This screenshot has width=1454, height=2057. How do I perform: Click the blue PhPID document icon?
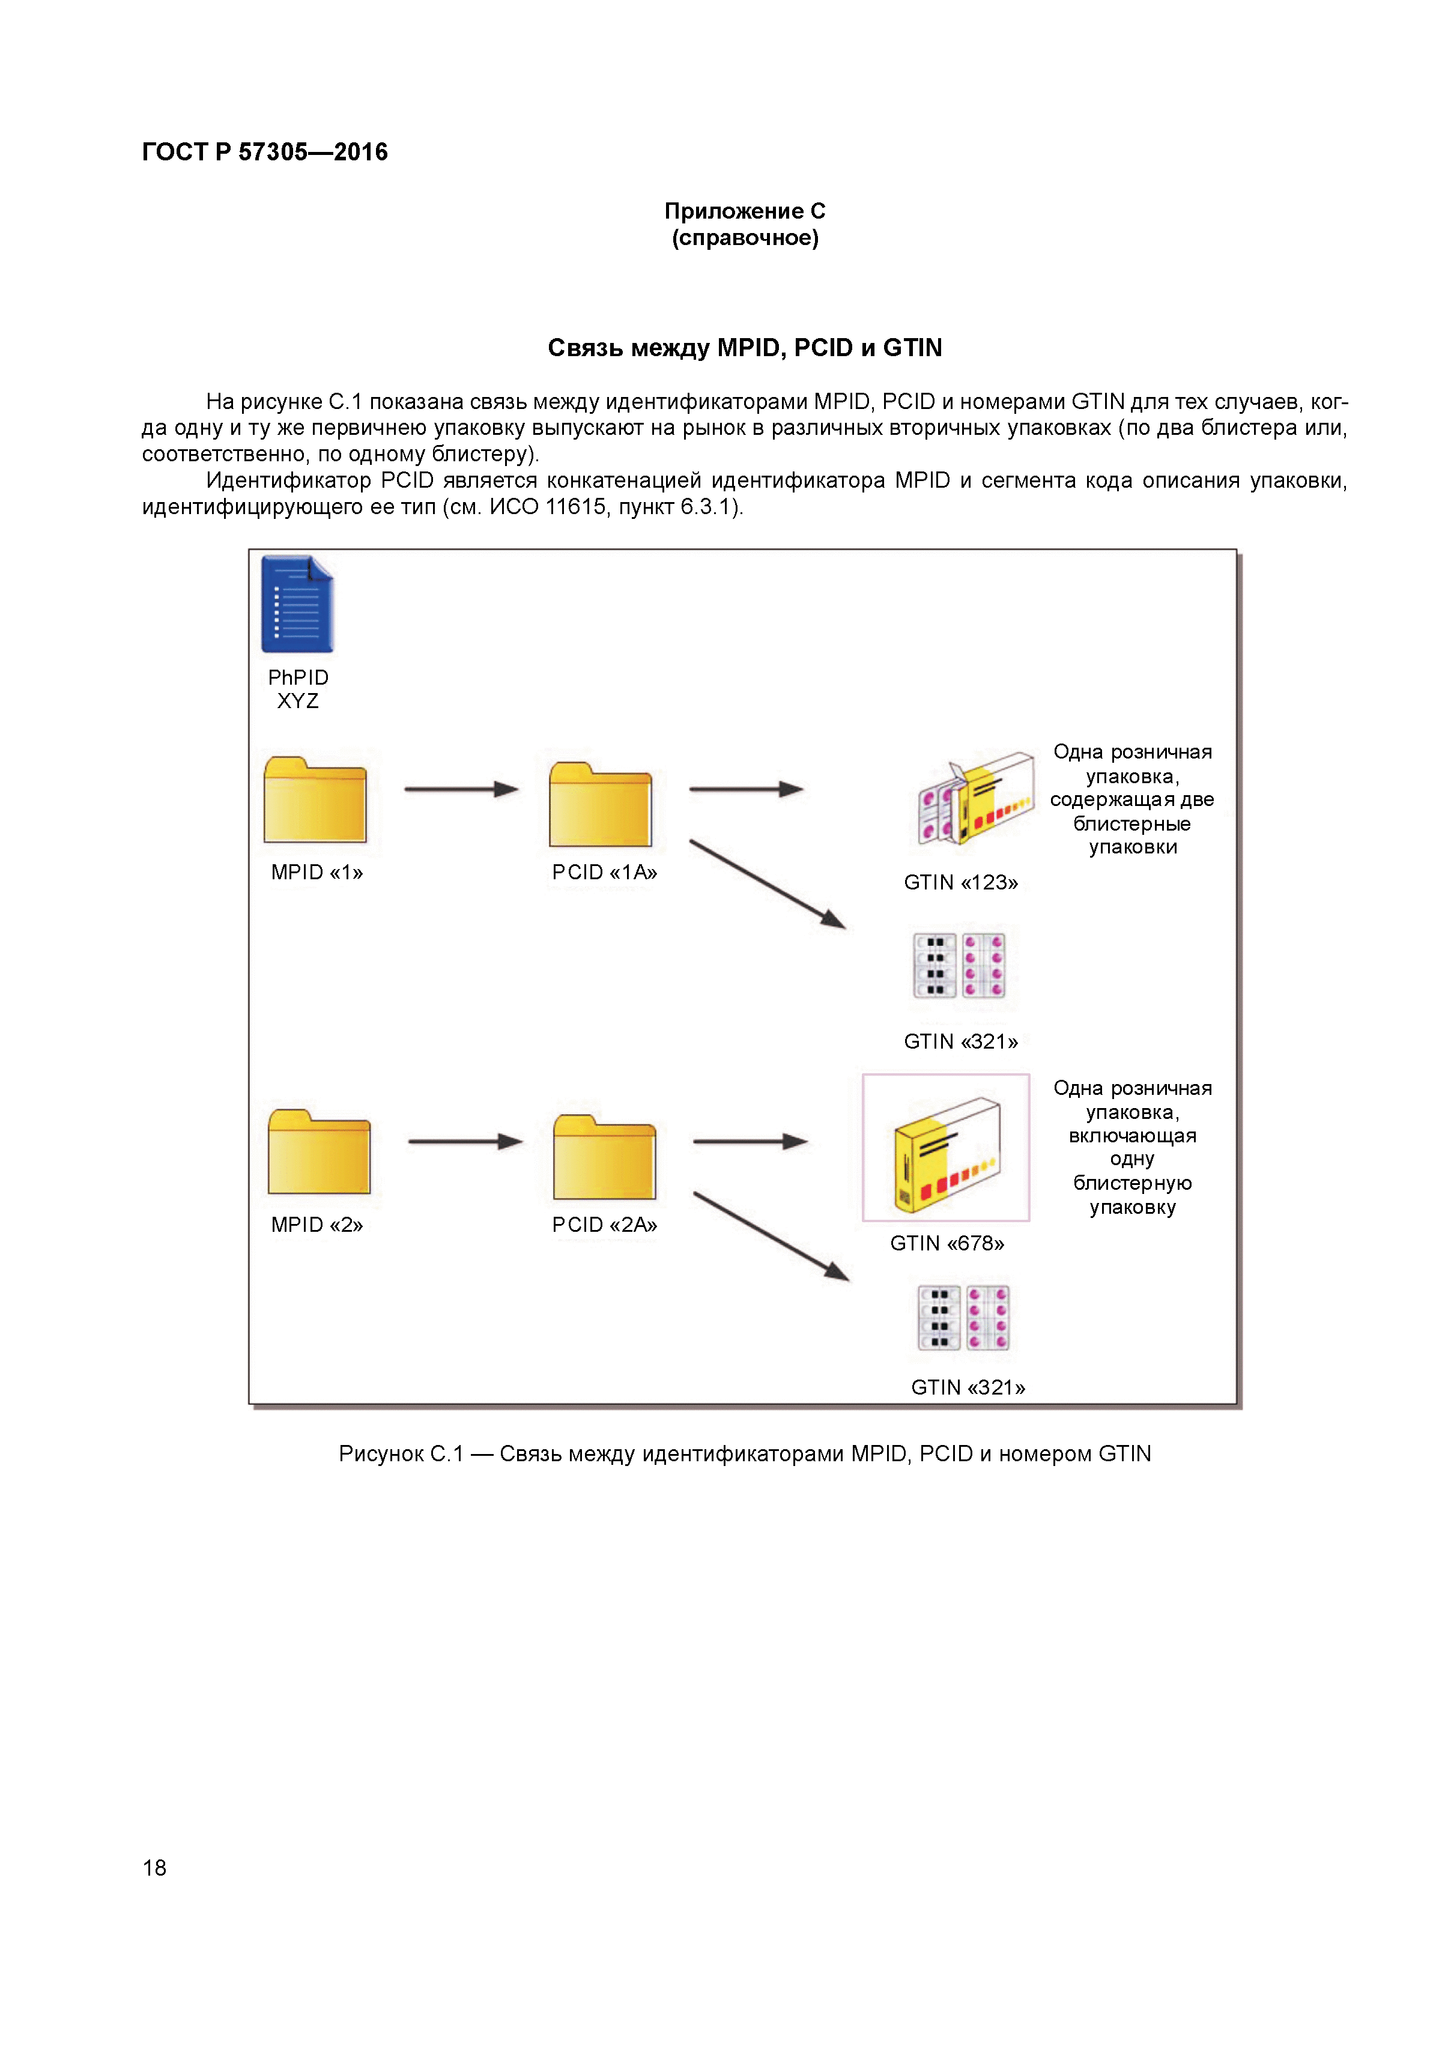(x=297, y=604)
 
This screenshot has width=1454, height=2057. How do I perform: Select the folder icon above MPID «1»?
(x=315, y=800)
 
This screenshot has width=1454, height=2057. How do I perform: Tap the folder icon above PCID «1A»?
(x=600, y=805)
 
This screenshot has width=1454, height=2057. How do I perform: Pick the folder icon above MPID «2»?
(x=319, y=1152)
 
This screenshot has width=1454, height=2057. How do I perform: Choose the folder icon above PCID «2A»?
(x=605, y=1157)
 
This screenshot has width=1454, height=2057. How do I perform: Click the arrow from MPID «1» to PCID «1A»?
(x=461, y=789)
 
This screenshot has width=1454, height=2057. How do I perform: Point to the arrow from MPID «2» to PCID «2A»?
(x=465, y=1141)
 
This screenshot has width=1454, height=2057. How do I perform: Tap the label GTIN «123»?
(x=960, y=882)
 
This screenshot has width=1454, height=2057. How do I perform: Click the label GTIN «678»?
(x=947, y=1244)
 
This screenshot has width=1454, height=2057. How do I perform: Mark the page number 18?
(x=154, y=1867)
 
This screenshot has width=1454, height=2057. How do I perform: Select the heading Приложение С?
(x=745, y=211)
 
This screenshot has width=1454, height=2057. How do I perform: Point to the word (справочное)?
(x=745, y=238)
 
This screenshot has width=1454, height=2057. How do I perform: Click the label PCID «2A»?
(x=605, y=1225)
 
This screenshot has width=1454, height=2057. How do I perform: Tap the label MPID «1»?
(x=317, y=873)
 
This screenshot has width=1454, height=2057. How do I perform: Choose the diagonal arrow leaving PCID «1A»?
(x=767, y=883)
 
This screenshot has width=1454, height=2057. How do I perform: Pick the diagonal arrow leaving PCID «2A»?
(x=771, y=1237)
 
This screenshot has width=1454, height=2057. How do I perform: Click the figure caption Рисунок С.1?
(x=745, y=1453)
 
